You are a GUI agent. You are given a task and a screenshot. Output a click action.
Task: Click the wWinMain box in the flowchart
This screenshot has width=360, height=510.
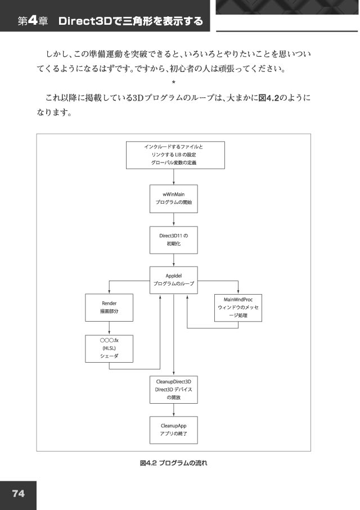[x=173, y=198]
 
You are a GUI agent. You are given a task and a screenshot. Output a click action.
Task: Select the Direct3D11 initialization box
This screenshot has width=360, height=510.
[x=173, y=240]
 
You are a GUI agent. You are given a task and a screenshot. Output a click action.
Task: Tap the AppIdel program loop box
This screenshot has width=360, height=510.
[x=173, y=280]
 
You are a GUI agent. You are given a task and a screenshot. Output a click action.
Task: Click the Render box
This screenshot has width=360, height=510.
[x=109, y=308]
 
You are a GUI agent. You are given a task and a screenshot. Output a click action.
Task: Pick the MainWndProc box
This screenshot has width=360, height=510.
[x=238, y=308]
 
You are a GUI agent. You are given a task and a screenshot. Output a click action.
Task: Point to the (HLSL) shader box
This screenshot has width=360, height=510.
[x=109, y=349]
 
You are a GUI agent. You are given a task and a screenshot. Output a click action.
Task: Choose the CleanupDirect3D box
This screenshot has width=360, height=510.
[x=173, y=390]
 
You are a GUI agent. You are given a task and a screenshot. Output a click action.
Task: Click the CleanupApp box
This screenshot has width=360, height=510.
[x=173, y=430]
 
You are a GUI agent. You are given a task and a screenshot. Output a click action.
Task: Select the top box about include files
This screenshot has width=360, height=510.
[x=175, y=155]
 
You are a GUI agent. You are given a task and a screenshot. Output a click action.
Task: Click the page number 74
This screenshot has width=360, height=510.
[x=18, y=493]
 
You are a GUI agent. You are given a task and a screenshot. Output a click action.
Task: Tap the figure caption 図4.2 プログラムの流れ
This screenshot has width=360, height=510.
[x=173, y=463]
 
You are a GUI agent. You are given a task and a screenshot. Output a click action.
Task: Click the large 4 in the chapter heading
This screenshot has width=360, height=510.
[x=33, y=21]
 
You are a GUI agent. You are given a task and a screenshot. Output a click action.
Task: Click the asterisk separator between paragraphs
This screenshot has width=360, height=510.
[x=173, y=83]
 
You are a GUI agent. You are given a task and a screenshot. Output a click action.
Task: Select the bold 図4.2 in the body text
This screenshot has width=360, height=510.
[x=268, y=98]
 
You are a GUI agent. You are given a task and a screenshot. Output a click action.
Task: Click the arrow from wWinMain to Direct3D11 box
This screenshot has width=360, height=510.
[x=173, y=219]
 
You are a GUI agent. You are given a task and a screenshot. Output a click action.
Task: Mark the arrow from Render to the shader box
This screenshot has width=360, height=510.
[x=109, y=328]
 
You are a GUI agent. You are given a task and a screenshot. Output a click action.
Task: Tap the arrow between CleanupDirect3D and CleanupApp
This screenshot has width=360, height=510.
[x=173, y=410]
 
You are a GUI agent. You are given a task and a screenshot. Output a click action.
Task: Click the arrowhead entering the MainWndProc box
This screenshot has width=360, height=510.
[x=238, y=292]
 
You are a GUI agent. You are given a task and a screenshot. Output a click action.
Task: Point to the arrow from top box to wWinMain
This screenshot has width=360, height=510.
[x=173, y=177]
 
